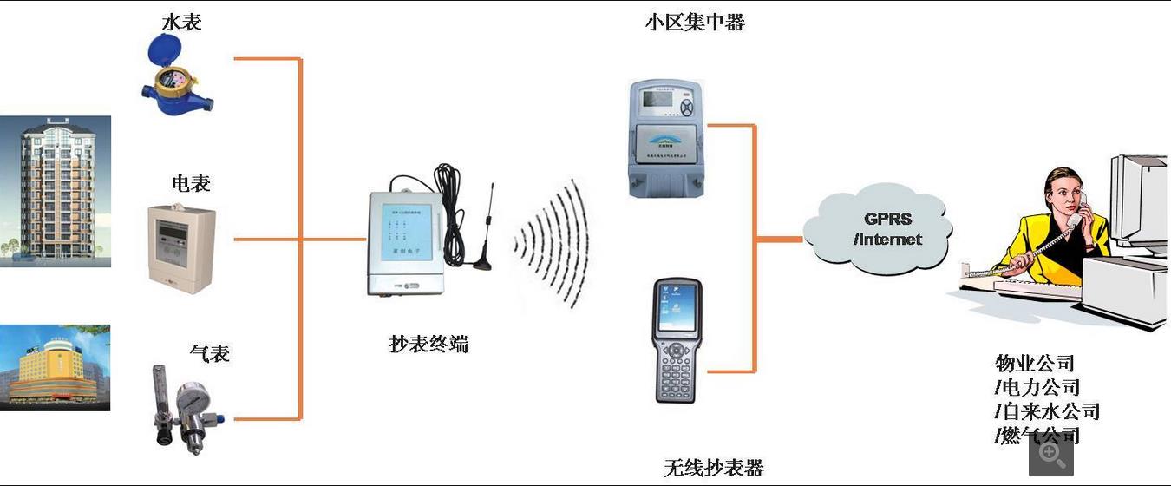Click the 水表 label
(182, 22)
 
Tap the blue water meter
(177, 82)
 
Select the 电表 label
(191, 183)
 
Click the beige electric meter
(180, 244)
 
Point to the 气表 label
(209, 353)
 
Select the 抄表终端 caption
(428, 344)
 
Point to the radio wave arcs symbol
(555, 243)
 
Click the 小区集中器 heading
(695, 23)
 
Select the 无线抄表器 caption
(714, 468)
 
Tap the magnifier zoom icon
(1051, 454)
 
